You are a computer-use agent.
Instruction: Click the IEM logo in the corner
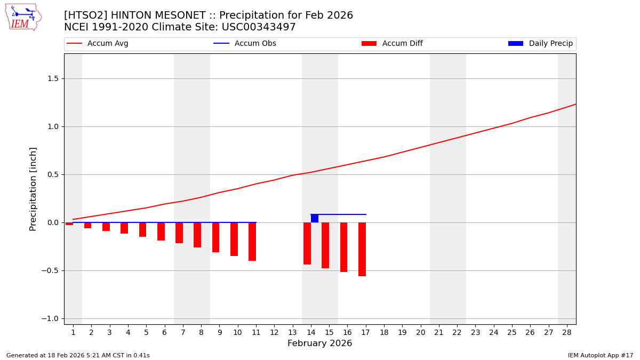pyautogui.click(x=23, y=17)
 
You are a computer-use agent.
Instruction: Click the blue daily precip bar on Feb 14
pyautogui.click(x=315, y=219)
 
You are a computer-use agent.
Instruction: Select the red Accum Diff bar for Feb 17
pyautogui.click(x=362, y=249)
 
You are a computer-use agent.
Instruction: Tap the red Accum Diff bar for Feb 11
pyautogui.click(x=252, y=242)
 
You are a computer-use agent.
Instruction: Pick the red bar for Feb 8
pyautogui.click(x=197, y=235)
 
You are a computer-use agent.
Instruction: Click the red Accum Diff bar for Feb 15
pyautogui.click(x=325, y=245)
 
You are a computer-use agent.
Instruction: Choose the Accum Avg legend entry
pyautogui.click(x=98, y=44)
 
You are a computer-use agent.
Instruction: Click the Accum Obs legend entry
pyautogui.click(x=245, y=44)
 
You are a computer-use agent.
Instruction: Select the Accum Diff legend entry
pyautogui.click(x=392, y=44)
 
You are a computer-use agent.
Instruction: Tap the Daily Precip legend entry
pyautogui.click(x=540, y=44)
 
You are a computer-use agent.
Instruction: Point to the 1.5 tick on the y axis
pyautogui.click(x=52, y=78)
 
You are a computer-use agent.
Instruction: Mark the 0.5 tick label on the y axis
pyautogui.click(x=52, y=174)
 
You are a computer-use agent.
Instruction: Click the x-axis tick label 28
pyautogui.click(x=567, y=332)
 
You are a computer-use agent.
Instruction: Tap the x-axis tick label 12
pyautogui.click(x=274, y=332)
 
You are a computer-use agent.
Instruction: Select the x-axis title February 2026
pyautogui.click(x=319, y=343)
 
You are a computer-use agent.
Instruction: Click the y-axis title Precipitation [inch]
pyautogui.click(x=33, y=189)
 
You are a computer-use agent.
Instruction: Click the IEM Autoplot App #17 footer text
pyautogui.click(x=600, y=355)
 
